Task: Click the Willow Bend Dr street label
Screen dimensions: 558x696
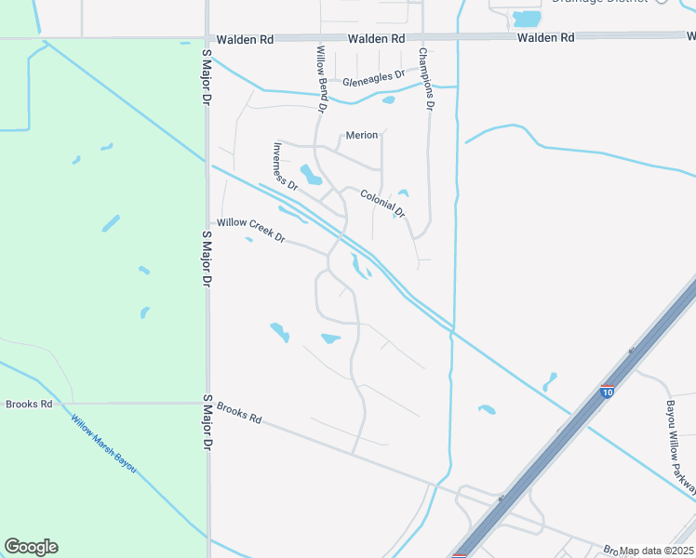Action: (x=321, y=80)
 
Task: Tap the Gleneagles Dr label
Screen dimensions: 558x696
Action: (x=374, y=78)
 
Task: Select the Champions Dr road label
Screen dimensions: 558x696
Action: (x=425, y=79)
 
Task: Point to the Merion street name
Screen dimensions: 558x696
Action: (x=362, y=135)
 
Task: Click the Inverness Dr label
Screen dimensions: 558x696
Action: (x=285, y=166)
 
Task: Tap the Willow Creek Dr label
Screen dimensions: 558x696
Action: (x=250, y=229)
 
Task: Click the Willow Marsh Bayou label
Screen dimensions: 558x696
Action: (x=103, y=443)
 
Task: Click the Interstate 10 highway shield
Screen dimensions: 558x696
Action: (x=607, y=392)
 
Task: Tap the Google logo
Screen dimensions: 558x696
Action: (x=31, y=547)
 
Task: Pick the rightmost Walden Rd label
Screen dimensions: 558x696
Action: (x=545, y=38)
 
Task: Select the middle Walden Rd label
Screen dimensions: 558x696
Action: (x=377, y=39)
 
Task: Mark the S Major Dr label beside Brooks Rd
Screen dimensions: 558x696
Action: (x=207, y=422)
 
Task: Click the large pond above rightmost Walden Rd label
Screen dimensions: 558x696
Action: (x=527, y=19)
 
